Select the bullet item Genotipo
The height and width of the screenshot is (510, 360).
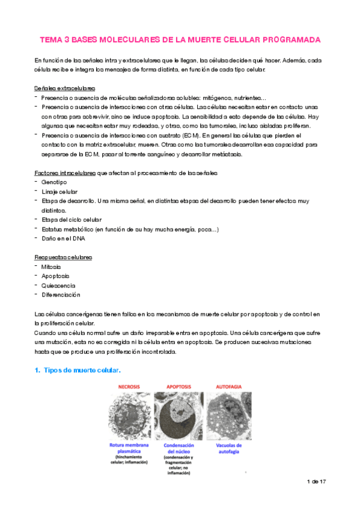[55, 182]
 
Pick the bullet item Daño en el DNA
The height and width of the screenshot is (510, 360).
[64, 239]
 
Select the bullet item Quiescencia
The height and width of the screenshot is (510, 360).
[58, 285]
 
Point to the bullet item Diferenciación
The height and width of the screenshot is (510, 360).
[61, 295]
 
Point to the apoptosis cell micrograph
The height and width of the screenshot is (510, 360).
[178, 414]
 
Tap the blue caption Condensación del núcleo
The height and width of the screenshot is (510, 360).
[178, 450]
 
